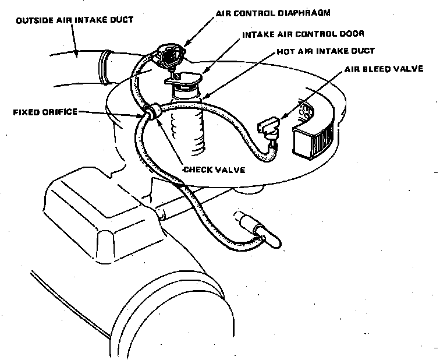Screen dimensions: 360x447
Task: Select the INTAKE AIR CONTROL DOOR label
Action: point(299,34)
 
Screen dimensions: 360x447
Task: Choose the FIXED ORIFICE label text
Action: point(45,111)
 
